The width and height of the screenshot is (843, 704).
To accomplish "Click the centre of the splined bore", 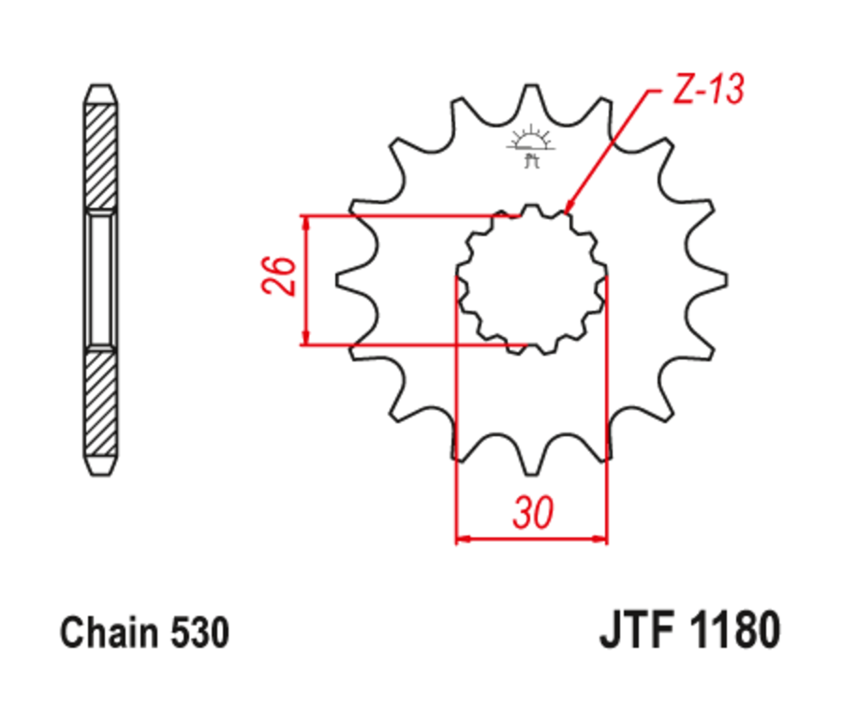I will [531, 278].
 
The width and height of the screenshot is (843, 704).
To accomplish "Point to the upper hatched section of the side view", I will [101, 154].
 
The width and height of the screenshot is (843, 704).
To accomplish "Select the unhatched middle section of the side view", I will [101, 278].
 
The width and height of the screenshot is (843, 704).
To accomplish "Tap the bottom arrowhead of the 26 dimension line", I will [304, 340].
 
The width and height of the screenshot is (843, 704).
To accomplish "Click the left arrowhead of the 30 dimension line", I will [460, 538].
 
